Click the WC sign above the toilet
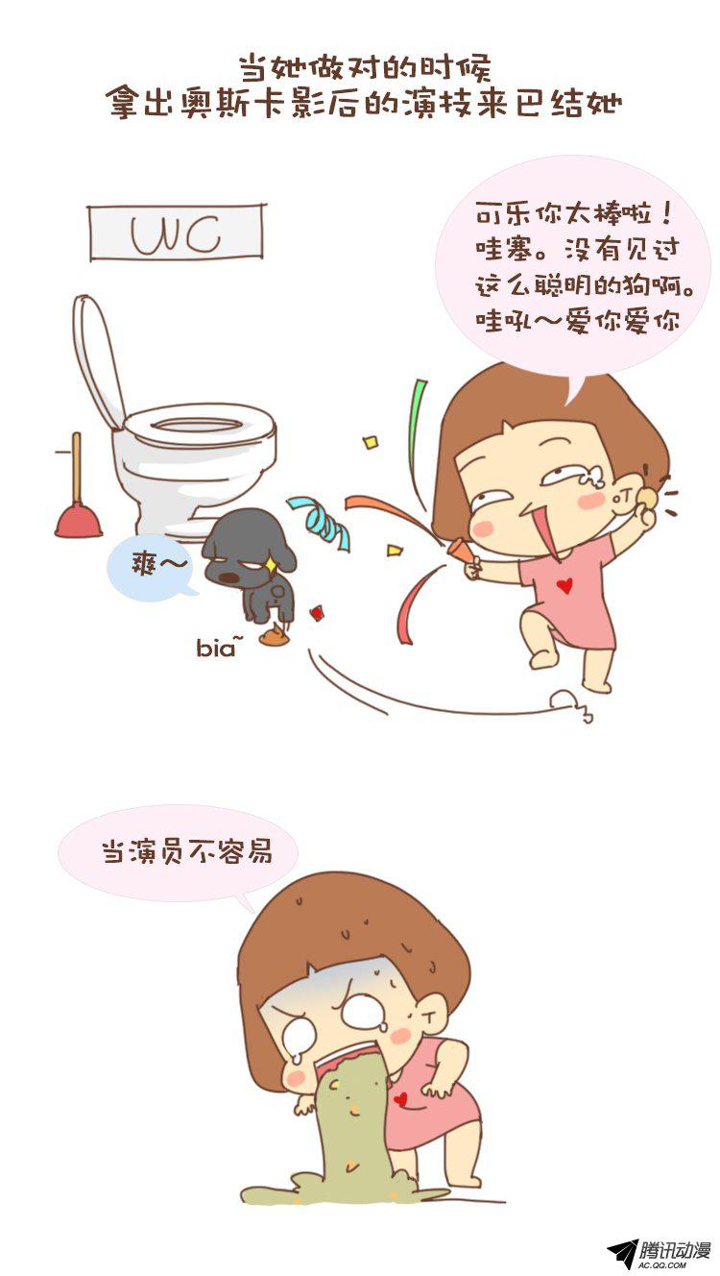177,233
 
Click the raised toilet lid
97,361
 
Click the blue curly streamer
319,523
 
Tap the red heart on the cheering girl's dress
564,585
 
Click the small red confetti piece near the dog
317,613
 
